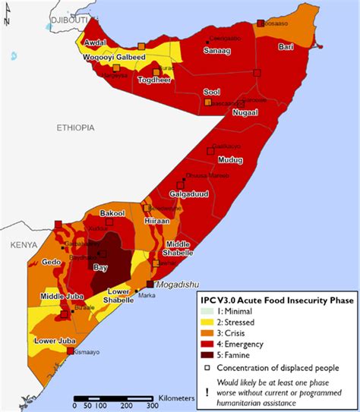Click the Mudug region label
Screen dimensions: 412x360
229,160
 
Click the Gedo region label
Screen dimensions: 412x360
52,261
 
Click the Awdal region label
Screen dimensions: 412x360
94,43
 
